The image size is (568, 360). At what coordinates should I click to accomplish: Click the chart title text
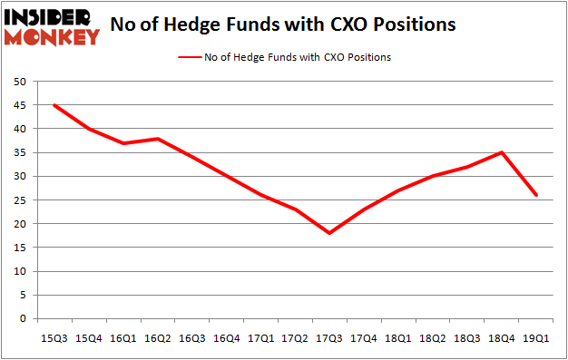pos(282,25)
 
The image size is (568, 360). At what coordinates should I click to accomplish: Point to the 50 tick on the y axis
pos(18,82)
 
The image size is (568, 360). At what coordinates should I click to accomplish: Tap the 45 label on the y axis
pos(18,105)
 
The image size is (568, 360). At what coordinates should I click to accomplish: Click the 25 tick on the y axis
pos(18,200)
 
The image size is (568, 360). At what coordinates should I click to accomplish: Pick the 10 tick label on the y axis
pos(18,271)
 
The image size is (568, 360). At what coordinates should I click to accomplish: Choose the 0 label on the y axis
pos(21,319)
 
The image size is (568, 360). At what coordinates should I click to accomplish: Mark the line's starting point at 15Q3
pos(54,105)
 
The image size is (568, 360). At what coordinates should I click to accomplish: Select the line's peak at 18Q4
pos(502,152)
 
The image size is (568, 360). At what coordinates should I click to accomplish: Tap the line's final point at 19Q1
pos(537,195)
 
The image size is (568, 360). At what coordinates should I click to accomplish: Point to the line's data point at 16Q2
pos(159,139)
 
